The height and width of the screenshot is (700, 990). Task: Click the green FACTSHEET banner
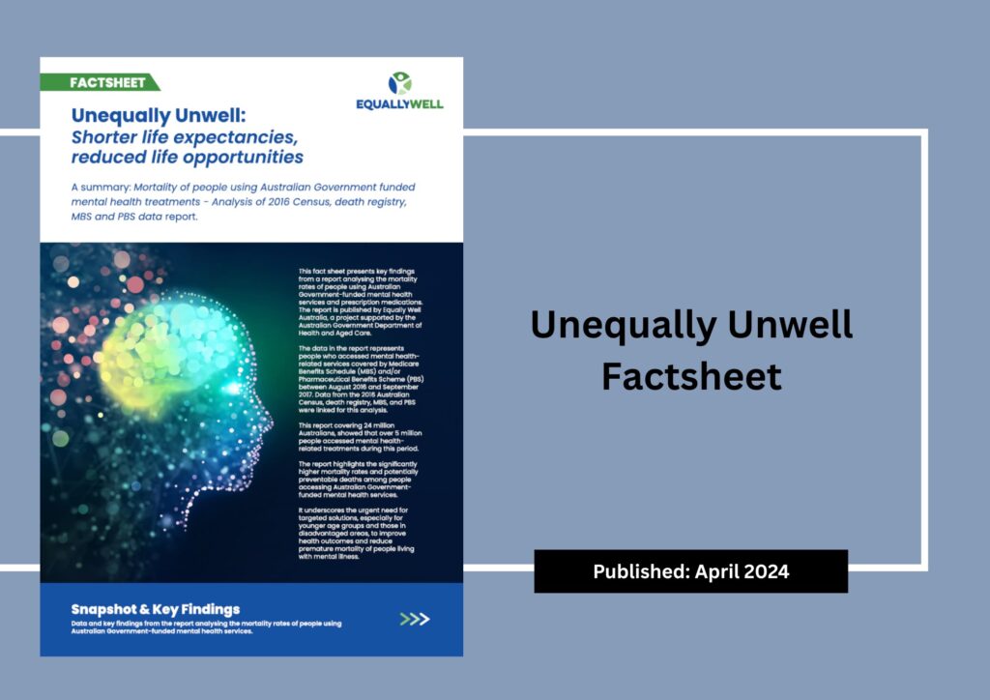click(x=99, y=82)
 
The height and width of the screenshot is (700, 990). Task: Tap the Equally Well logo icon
click(x=399, y=82)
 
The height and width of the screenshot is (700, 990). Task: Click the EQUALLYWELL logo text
click(x=399, y=103)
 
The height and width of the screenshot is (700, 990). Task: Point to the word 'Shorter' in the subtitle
click(x=105, y=136)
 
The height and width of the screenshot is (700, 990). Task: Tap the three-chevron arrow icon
click(x=415, y=619)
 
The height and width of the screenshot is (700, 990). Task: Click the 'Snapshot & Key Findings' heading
click(x=156, y=609)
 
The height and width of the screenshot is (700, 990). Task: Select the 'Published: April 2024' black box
click(x=690, y=571)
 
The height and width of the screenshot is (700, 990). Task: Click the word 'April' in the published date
click(x=717, y=571)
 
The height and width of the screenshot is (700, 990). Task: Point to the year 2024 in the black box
click(x=767, y=571)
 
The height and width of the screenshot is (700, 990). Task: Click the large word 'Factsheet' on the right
click(x=690, y=376)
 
